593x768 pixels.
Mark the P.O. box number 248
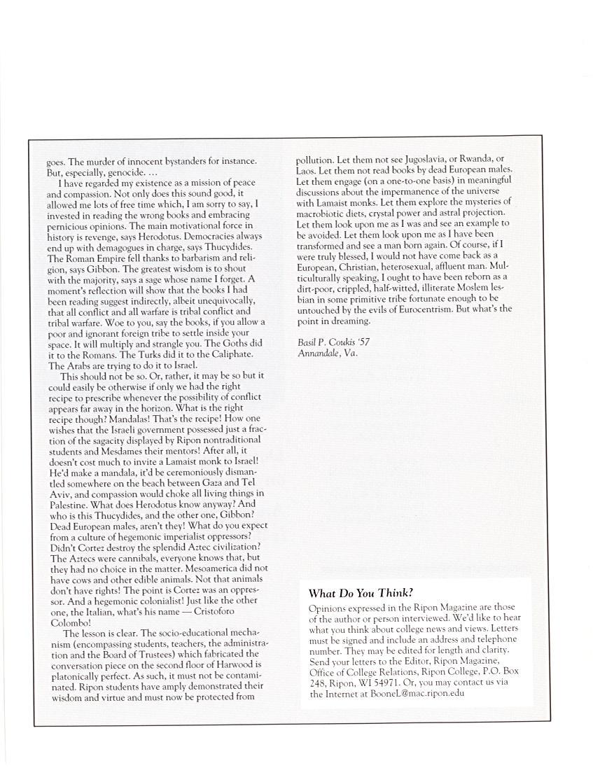point(316,683)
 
